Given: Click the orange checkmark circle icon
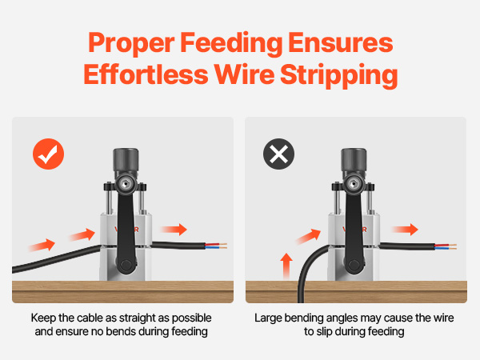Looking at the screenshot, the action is (48, 154).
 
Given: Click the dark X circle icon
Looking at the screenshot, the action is (278, 154).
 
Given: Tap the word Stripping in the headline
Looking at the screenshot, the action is (339, 75).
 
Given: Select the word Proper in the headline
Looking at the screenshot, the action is (131, 43).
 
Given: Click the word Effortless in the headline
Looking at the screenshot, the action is (146, 74).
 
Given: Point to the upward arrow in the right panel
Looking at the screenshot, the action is (286, 266).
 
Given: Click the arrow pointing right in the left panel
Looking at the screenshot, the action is (174, 230).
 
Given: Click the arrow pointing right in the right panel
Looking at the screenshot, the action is (405, 230).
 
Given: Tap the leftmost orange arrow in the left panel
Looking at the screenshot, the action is (42, 246).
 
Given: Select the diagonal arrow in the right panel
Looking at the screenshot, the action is (308, 236).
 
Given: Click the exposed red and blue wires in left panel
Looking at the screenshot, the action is (216, 246).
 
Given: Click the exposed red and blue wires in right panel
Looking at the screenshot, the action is (446, 246).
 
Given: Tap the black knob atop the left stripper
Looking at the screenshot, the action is (126, 160).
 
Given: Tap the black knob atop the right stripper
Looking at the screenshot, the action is (354, 160).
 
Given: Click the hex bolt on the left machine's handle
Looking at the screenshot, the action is (125, 184).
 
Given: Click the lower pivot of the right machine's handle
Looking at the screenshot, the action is (354, 265).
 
